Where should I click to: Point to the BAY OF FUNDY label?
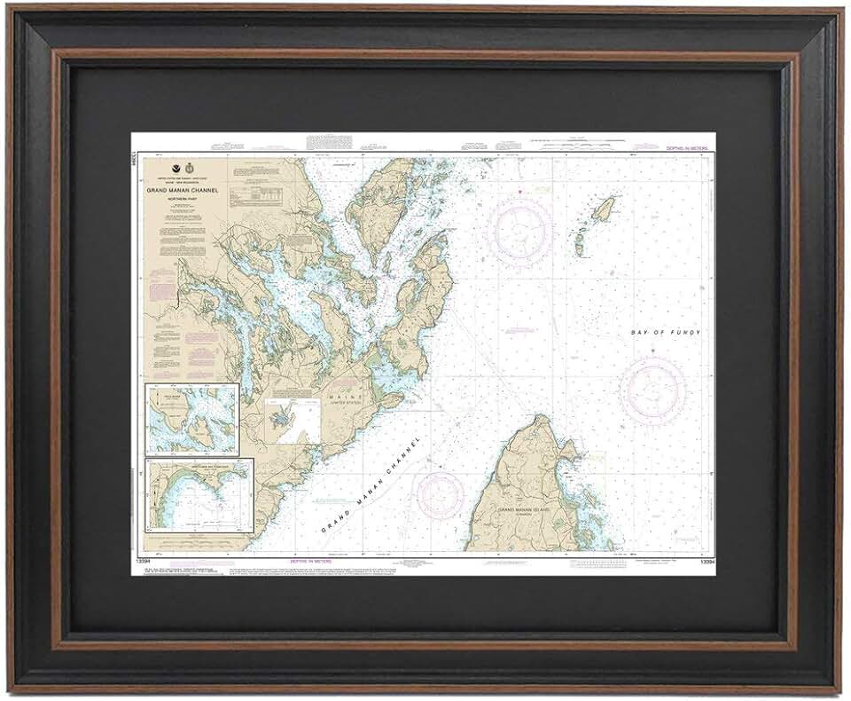pyautogui.click(x=666, y=333)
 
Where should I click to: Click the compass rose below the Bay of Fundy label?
pyautogui.click(x=652, y=390)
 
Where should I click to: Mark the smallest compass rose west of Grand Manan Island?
pyautogui.click(x=441, y=495)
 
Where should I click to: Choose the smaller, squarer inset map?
pyautogui.click(x=192, y=418)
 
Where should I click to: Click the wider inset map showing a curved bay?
pyautogui.click(x=199, y=493)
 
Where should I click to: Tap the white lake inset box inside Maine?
pyautogui.click(x=293, y=421)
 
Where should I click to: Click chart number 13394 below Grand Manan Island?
pyautogui.click(x=707, y=563)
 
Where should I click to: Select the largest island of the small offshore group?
pyautogui.click(x=603, y=209)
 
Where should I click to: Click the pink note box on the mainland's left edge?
pyautogui.click(x=166, y=289)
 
